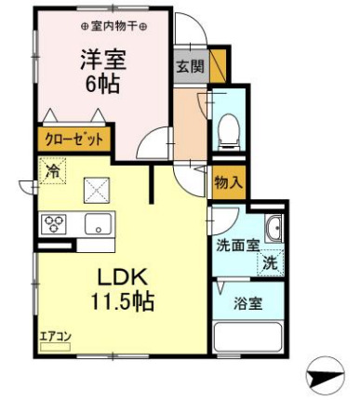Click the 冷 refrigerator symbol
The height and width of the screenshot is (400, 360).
tap(52, 173)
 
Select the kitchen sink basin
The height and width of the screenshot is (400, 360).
tap(97, 224)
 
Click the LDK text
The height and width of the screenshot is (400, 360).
tap(120, 276)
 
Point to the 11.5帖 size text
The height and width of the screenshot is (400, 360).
tap(122, 302)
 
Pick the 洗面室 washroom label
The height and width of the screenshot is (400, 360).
tap(235, 247)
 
